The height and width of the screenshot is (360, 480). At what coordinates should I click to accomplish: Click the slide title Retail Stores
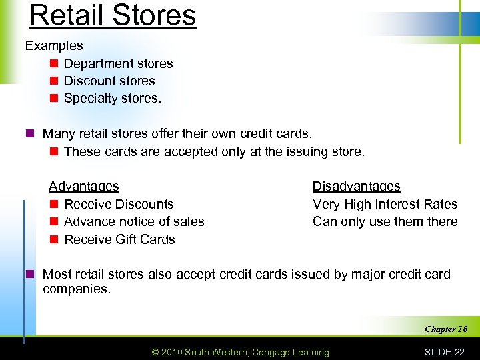tap(113, 15)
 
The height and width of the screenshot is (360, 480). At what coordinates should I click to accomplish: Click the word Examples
tap(54, 46)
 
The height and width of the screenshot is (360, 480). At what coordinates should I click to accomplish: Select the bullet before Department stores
tap(53, 64)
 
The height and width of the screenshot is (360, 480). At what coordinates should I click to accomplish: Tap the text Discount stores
tap(109, 81)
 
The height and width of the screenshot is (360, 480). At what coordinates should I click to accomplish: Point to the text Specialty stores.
tap(113, 99)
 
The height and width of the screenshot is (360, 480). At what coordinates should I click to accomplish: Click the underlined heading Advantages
tap(84, 187)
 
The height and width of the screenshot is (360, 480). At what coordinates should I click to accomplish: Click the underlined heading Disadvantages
tap(357, 187)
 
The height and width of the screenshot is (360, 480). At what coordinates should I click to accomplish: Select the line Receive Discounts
tap(119, 205)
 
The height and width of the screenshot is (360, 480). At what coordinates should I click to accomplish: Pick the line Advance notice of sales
tap(134, 222)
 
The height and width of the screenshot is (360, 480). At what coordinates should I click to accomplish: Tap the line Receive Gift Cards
tap(119, 239)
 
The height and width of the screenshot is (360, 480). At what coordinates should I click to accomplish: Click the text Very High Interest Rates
tap(385, 205)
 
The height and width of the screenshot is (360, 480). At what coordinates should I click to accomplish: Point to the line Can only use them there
tap(385, 222)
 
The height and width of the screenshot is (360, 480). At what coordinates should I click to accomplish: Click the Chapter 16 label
tap(446, 329)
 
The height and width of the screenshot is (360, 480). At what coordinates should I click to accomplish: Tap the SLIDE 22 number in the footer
tap(445, 352)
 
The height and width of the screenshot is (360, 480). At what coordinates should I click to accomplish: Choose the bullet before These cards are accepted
tap(53, 152)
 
